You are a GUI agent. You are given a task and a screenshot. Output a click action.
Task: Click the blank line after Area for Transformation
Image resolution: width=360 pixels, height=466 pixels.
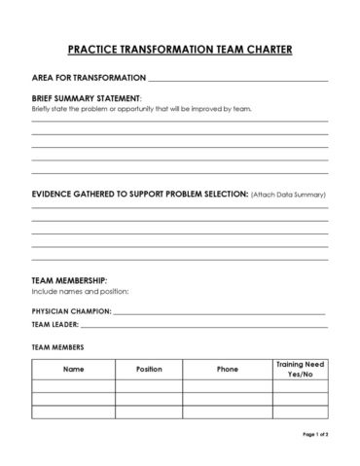[x=238, y=78]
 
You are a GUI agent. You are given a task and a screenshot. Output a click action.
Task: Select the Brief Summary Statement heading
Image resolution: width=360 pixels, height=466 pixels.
[x=87, y=98]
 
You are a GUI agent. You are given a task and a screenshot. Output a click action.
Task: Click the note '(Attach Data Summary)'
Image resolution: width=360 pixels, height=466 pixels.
[x=287, y=196]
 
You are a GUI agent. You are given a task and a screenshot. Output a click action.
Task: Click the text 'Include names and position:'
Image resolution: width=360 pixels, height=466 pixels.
[x=81, y=292]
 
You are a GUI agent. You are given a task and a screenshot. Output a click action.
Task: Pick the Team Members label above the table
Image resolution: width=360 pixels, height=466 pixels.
[x=57, y=346]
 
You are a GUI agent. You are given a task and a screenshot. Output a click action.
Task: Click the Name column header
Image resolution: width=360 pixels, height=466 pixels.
[x=74, y=370]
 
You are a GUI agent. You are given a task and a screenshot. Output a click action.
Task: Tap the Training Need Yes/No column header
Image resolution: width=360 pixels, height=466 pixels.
[x=300, y=370]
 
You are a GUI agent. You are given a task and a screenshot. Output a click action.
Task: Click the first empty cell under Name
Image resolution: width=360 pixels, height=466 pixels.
[x=74, y=386]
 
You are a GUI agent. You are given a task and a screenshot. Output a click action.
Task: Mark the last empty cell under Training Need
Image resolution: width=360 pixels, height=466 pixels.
[x=300, y=412]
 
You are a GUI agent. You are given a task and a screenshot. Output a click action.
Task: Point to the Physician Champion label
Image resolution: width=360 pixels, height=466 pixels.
[x=72, y=311]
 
